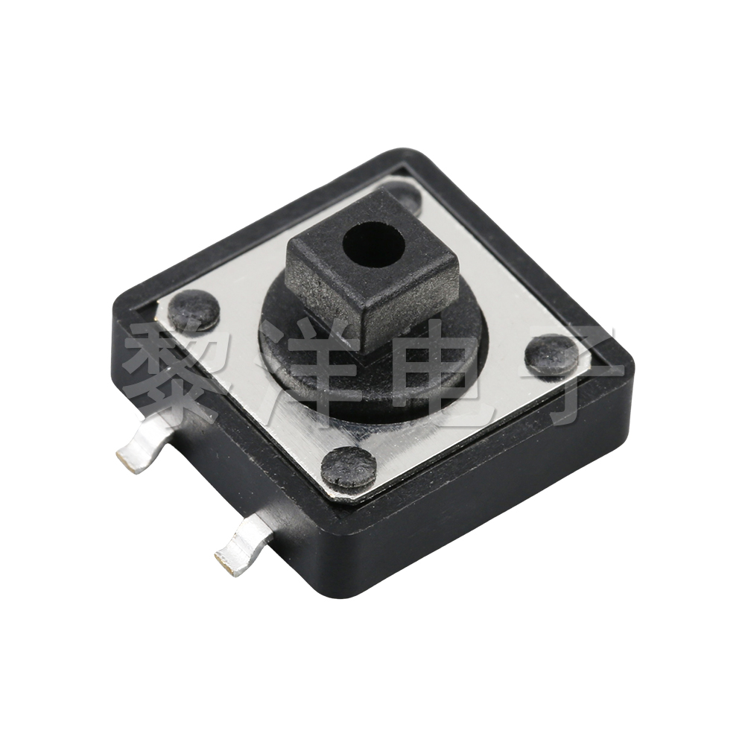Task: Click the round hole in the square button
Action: click(373, 247)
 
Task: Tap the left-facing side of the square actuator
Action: click(328, 298)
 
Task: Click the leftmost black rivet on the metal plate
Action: click(193, 310)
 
